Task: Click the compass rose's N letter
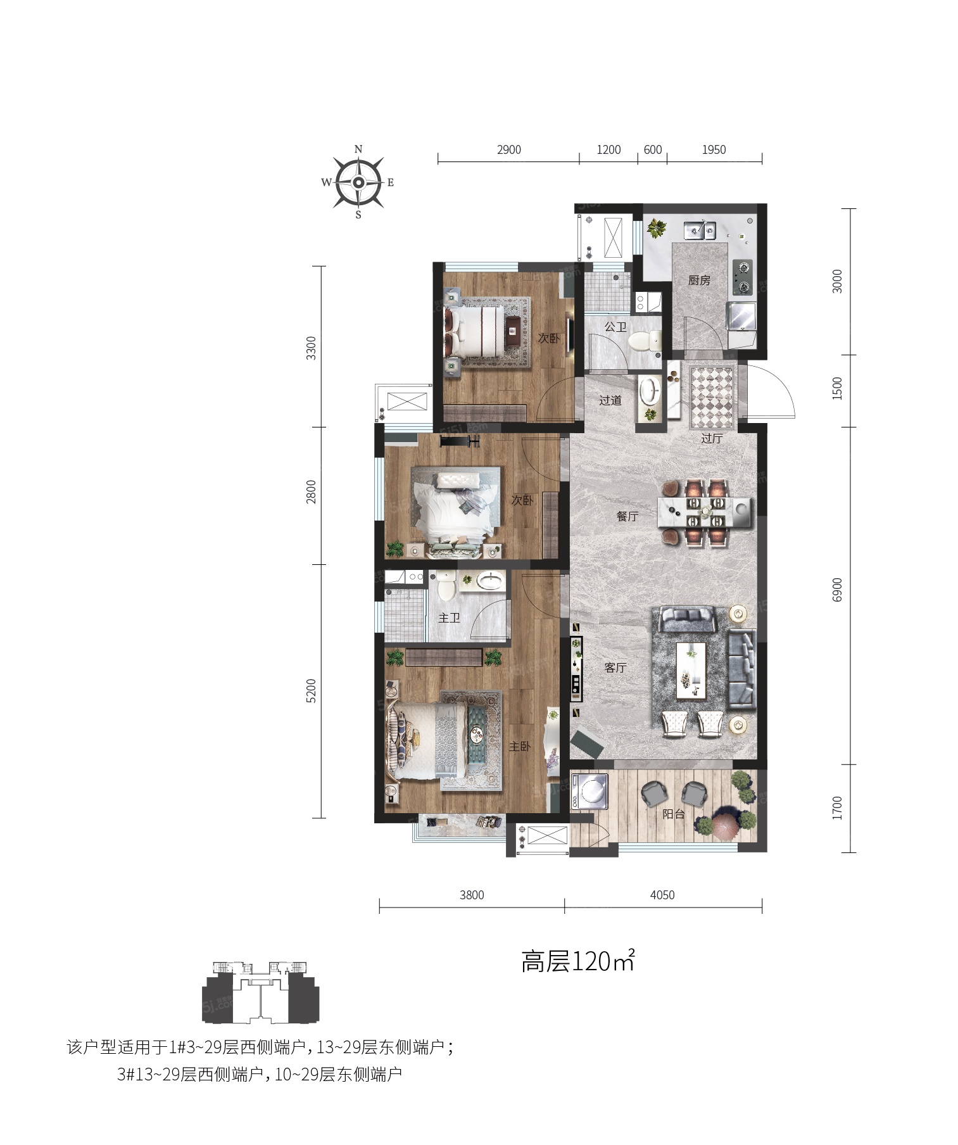point(358,149)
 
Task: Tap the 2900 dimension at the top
point(508,150)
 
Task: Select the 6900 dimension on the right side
point(838,590)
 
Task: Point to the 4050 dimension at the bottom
point(662,895)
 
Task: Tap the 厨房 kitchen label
point(699,280)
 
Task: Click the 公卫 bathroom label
point(615,327)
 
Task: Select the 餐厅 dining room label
point(627,516)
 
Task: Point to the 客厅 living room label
point(615,667)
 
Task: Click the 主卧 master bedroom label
point(520,747)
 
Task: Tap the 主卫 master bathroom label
point(450,617)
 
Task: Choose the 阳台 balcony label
point(674,814)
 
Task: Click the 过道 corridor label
point(610,400)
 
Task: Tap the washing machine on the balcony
point(589,792)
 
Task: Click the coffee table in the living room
point(691,671)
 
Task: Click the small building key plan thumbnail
point(261,992)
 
